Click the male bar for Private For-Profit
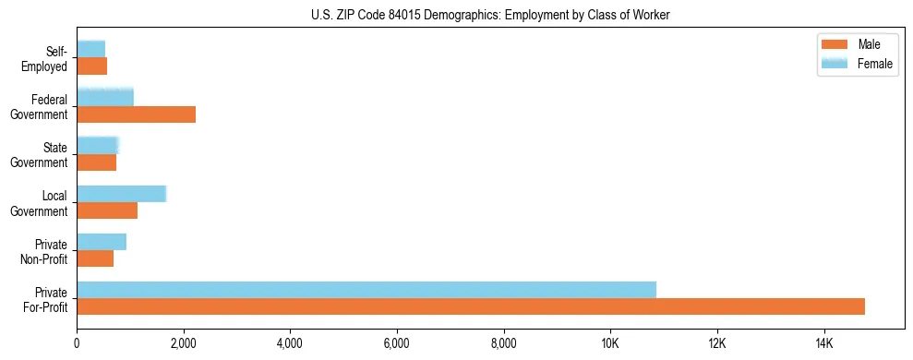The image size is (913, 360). (471, 306)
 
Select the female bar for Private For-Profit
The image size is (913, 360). (366, 290)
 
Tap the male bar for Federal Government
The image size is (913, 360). (136, 114)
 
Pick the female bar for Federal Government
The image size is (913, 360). (105, 97)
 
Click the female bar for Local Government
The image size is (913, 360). (121, 194)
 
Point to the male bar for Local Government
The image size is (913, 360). (107, 210)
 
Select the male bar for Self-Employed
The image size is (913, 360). (91, 66)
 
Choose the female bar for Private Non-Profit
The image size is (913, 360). (102, 242)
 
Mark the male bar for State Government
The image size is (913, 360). (96, 162)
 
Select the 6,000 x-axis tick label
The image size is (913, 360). (397, 343)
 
